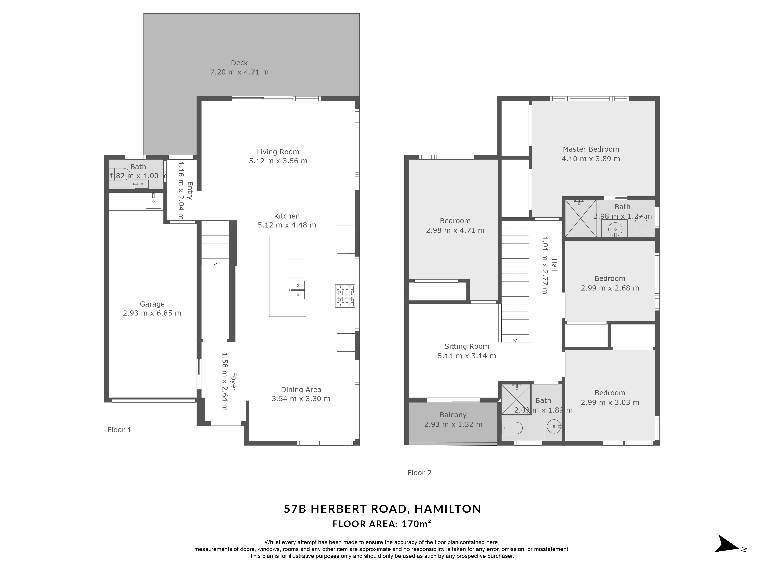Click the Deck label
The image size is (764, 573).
pos(239,63)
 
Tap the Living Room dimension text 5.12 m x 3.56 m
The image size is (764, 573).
pos(278,161)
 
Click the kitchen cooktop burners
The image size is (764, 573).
pos(345,296)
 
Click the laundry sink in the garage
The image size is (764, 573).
pos(153,201)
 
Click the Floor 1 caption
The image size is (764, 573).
pos(119,430)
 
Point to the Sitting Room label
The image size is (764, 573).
pos(467,346)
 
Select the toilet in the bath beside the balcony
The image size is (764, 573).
pos(512,428)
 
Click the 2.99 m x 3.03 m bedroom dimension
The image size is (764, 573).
pos(610,403)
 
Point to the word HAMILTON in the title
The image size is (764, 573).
pos(448,509)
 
